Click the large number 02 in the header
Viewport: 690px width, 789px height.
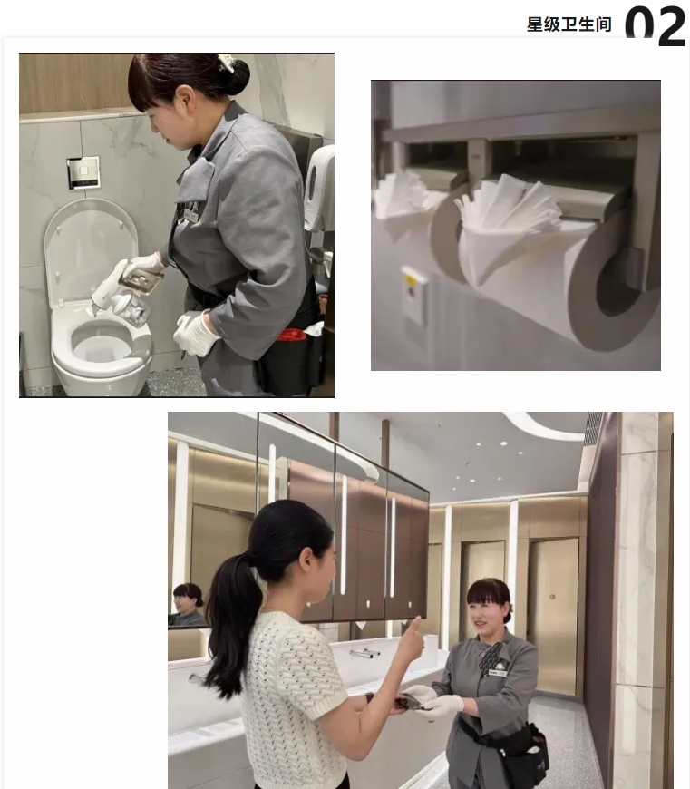(656, 25)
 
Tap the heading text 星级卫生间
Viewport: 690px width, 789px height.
(569, 24)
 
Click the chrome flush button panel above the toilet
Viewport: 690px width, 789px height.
(83, 172)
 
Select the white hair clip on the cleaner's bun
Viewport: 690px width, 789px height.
(226, 63)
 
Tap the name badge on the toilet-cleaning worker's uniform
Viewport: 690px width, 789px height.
(191, 214)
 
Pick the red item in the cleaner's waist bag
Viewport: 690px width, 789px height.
(292, 335)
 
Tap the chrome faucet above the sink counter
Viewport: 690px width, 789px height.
(364, 652)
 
